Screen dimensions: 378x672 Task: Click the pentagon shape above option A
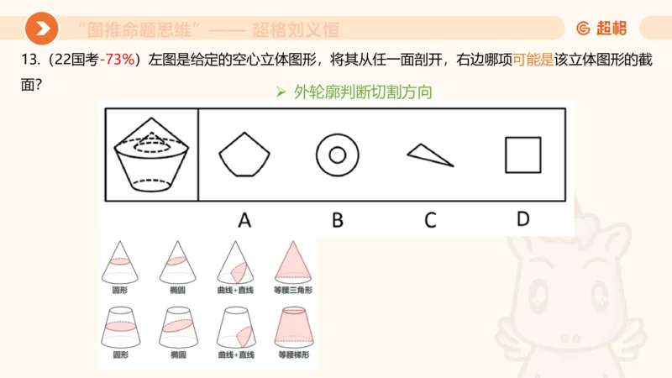(244, 155)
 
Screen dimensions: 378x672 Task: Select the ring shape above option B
(338, 155)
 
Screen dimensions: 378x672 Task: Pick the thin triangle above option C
(429, 155)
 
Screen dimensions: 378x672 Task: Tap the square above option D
(522, 155)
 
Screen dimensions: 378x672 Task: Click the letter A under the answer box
(244, 220)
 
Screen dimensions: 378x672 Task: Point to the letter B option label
(338, 220)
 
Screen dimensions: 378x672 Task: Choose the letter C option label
(430, 220)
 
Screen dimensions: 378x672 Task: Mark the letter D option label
(522, 219)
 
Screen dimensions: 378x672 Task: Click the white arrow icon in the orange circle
(41, 29)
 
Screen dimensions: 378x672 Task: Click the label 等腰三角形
(294, 290)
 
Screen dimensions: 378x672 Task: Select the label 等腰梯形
(294, 355)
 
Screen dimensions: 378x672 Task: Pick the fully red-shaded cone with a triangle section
(294, 260)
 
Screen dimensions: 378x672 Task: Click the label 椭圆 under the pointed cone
(177, 290)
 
